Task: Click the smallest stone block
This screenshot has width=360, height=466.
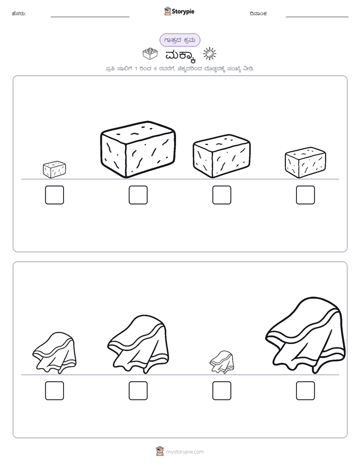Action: tap(54, 169)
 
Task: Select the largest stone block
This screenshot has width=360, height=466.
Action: tap(138, 149)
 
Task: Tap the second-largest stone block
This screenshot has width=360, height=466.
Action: tap(221, 156)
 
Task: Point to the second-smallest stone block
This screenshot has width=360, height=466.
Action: tap(306, 162)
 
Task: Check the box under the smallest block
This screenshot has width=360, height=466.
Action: tap(54, 195)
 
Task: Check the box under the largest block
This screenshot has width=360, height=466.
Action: tap(138, 195)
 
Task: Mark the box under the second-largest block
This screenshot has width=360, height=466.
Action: tap(222, 195)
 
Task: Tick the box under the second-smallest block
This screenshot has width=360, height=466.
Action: tap(306, 195)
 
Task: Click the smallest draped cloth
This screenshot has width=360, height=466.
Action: tap(221, 362)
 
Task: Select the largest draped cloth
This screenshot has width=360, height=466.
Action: tap(306, 335)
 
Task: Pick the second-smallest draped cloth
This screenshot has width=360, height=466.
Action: tap(54, 353)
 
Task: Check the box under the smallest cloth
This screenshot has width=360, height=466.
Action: tap(222, 390)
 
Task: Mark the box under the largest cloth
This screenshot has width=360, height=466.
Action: tap(306, 390)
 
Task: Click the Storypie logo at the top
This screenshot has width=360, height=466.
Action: tap(179, 11)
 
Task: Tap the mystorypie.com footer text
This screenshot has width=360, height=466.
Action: tap(185, 452)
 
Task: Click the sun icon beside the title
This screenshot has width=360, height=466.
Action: tap(209, 54)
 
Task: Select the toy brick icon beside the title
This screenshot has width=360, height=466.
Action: tap(150, 54)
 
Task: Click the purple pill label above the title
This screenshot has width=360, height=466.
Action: tap(179, 40)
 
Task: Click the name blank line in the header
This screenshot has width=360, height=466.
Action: tap(90, 17)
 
